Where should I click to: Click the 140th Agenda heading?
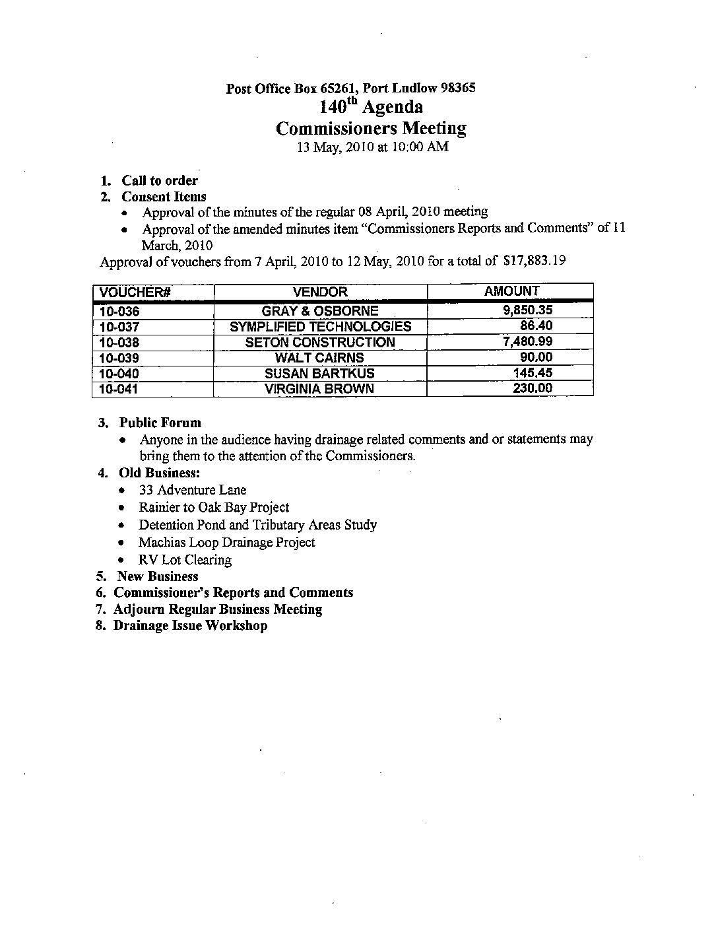point(371,106)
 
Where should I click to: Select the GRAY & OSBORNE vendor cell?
point(320,311)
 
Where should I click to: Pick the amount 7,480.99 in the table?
point(527,341)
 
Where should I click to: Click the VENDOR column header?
point(320,292)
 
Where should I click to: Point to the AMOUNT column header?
point(511,291)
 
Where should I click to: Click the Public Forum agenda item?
point(160,423)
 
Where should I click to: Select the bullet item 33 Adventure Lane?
point(193,490)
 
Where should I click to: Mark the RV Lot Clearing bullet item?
point(185,560)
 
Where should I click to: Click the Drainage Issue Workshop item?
point(190,625)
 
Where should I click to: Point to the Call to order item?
point(159,180)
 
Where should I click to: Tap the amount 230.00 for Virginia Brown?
point(533,388)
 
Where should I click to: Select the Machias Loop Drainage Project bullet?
point(226,542)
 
